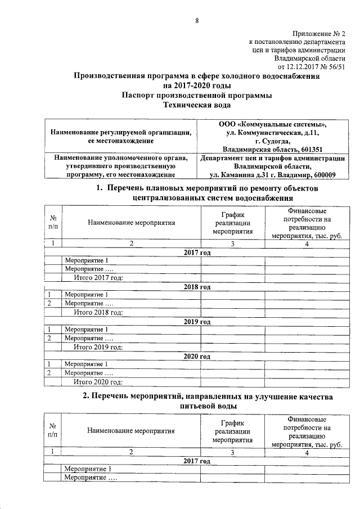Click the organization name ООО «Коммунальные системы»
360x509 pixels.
[272, 124]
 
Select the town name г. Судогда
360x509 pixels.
[272, 141]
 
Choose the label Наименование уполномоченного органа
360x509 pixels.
[121, 158]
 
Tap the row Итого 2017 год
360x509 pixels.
[98, 277]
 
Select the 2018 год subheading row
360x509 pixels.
[197, 286]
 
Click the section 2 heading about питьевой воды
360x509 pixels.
[208, 400]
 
